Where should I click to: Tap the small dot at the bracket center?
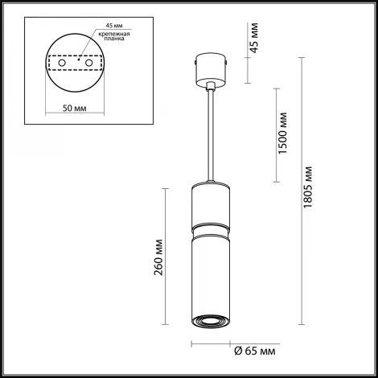[77, 59]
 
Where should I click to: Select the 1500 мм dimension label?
[283, 135]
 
